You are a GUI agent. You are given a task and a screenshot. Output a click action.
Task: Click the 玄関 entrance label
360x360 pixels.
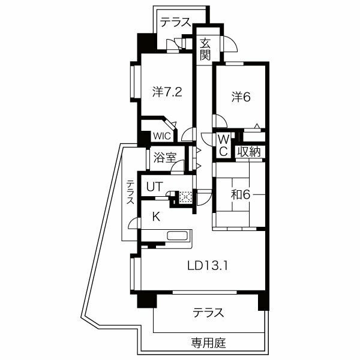[x=205, y=50]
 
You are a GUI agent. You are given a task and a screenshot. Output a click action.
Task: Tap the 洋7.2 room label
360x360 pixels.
[x=167, y=92]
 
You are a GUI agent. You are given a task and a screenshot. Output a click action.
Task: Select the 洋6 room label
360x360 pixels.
[x=241, y=97]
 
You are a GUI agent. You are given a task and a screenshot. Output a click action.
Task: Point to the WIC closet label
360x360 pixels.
[x=162, y=136]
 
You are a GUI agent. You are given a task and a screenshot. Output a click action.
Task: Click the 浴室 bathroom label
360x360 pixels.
[x=165, y=158]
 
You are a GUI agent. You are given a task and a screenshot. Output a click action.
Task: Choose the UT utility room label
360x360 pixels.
[x=155, y=187]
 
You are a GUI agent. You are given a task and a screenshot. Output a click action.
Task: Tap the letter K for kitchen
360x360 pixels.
[x=157, y=217]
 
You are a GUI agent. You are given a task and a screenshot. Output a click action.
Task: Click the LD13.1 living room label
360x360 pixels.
[x=208, y=266]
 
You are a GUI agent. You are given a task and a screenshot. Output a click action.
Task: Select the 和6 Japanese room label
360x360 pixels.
[x=241, y=195]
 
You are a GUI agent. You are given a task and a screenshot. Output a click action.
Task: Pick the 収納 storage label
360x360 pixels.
[x=249, y=152]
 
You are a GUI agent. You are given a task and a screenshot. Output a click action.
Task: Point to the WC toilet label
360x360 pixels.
[x=224, y=146]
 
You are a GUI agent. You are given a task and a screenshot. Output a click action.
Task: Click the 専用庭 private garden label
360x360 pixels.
[x=208, y=343]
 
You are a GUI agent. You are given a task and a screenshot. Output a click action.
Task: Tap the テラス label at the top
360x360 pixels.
[x=176, y=22]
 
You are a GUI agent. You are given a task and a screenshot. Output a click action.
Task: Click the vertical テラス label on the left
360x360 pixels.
[x=130, y=192]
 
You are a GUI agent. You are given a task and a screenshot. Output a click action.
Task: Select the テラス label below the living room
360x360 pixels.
[x=208, y=313]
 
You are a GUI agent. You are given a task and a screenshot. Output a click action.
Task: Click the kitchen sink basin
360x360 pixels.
[x=177, y=236]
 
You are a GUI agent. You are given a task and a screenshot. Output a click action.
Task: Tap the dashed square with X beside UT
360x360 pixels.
[x=185, y=197]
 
